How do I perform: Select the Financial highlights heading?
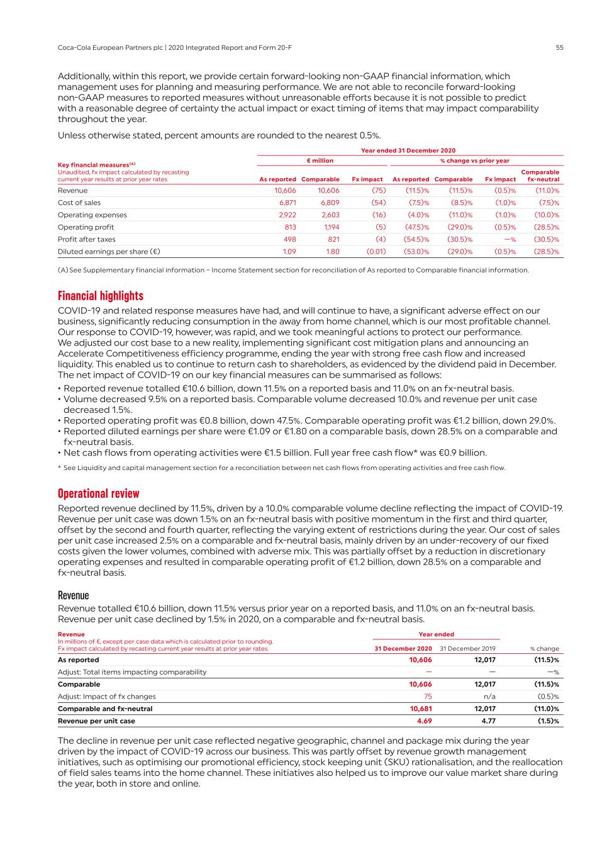pyautogui.click(x=101, y=296)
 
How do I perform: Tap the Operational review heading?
pyautogui.click(x=99, y=493)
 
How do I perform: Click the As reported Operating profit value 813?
pyautogui.click(x=290, y=227)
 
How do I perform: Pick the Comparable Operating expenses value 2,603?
pyautogui.click(x=329, y=215)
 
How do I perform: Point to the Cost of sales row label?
pyautogui.click(x=79, y=203)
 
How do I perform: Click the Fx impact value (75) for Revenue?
pyautogui.click(x=378, y=191)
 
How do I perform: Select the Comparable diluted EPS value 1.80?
pyautogui.click(x=332, y=252)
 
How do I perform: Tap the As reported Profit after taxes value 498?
pyautogui.click(x=289, y=240)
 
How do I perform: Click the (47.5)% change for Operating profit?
pyautogui.click(x=416, y=227)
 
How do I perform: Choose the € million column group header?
pyautogui.click(x=320, y=161)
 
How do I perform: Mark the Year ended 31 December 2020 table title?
pyautogui.click(x=408, y=150)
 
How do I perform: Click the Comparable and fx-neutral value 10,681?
pyautogui.click(x=420, y=709)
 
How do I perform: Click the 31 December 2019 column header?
pyautogui.click(x=467, y=648)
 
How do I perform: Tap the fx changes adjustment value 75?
pyautogui.click(x=428, y=697)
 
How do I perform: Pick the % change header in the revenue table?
pyautogui.click(x=544, y=648)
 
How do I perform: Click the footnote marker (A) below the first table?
pyautogui.click(x=62, y=271)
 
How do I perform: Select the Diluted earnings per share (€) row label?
pyautogui.click(x=109, y=252)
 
